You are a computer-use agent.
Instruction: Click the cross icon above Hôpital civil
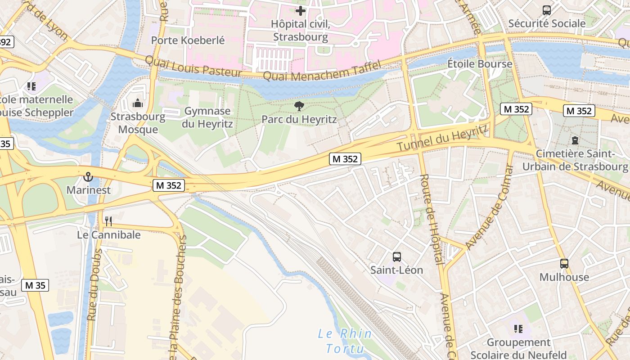[x=301, y=10]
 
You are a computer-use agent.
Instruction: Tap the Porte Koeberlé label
[x=188, y=40]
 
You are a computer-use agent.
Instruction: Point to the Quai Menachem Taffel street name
[x=322, y=71]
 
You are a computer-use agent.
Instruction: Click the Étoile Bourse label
[x=480, y=64]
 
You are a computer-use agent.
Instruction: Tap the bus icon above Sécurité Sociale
[x=547, y=10]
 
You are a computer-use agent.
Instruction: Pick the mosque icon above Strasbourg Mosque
[x=138, y=103]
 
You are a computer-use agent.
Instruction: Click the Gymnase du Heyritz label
[x=207, y=117]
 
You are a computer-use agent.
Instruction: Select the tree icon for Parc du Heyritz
[x=299, y=106]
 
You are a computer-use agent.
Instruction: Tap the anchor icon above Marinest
[x=88, y=176]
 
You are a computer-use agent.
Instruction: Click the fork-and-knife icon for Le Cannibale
[x=108, y=221]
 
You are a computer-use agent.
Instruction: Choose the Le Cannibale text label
[x=109, y=235]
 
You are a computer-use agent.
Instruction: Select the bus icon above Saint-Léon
[x=396, y=256]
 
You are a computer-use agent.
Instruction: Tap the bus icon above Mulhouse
[x=564, y=264]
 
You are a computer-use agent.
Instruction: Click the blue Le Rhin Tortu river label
[x=345, y=341]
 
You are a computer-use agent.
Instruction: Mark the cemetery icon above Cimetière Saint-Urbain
[x=575, y=140]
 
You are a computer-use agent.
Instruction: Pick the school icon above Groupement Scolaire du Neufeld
[x=518, y=329]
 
